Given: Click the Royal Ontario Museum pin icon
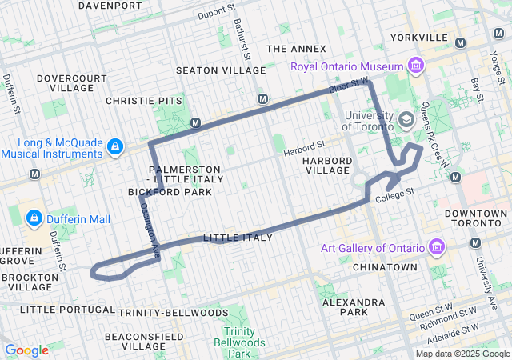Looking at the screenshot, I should [x=415, y=65].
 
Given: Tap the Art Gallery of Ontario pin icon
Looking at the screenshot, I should [x=436, y=246].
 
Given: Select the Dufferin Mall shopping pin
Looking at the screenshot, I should [x=34, y=217].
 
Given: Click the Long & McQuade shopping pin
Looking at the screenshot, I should [x=114, y=146].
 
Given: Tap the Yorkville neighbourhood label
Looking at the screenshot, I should [x=419, y=38].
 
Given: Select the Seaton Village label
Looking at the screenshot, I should [x=220, y=70].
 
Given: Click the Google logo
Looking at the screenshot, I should [x=26, y=350].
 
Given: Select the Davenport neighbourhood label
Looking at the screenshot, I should [x=109, y=5].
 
